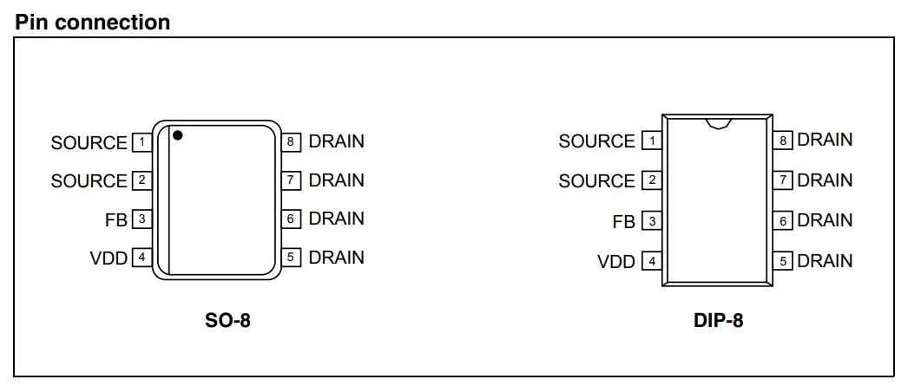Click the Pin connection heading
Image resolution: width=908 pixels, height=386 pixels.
coord(92,22)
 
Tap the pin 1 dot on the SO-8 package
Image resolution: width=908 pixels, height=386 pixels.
coord(178,135)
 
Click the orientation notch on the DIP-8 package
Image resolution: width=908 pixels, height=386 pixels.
coord(719,124)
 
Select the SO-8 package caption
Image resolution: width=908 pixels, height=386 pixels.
coord(227,320)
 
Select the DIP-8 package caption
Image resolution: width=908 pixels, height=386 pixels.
coord(718,320)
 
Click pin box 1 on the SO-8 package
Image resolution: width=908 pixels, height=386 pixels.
coord(141,141)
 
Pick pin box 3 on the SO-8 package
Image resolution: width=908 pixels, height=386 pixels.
coord(141,219)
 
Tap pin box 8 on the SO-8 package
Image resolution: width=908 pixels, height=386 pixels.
coord(291,141)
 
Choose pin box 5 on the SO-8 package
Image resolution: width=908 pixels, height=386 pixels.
coord(291,258)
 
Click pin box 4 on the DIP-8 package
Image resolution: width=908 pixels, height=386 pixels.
coord(652,261)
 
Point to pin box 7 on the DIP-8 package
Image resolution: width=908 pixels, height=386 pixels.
coord(783,180)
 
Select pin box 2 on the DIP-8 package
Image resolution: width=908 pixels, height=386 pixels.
coord(652,180)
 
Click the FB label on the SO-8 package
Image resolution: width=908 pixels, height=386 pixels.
coord(115,220)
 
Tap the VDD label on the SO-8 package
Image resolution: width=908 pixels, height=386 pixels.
coord(109,258)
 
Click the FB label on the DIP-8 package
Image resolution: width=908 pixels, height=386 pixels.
coord(623,222)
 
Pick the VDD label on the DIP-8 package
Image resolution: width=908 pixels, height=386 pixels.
coord(616,262)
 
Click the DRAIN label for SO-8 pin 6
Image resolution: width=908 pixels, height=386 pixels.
coord(337,219)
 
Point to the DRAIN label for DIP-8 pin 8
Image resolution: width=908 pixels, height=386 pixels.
coord(825,140)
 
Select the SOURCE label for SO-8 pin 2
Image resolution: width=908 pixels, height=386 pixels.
coord(89,181)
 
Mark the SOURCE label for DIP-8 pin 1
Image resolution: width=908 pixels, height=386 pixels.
coord(597,141)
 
